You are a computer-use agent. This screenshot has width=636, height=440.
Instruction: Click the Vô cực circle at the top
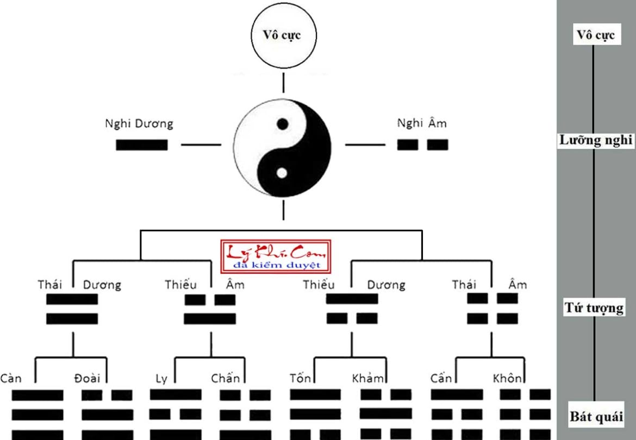[283, 36]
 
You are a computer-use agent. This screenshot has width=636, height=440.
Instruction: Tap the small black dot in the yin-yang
[282, 124]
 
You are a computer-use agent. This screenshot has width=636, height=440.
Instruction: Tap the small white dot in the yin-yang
[282, 173]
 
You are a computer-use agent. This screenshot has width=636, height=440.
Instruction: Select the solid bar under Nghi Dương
[141, 145]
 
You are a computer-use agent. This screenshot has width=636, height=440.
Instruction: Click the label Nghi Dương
[139, 124]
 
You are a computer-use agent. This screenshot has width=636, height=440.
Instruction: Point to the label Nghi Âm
[422, 123]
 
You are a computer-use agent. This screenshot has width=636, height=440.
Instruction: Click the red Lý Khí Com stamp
[277, 256]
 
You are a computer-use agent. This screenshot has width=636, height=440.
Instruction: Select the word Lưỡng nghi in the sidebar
[596, 141]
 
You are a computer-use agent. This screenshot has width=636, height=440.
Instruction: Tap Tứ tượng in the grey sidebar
[594, 308]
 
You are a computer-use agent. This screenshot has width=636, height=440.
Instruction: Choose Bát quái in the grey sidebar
[596, 417]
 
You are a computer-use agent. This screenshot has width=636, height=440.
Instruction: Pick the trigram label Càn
[11, 378]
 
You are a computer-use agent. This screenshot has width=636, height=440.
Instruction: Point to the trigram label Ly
[161, 379]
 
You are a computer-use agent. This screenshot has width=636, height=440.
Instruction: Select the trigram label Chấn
[225, 379]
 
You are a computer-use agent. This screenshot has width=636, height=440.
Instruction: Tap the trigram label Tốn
[300, 378]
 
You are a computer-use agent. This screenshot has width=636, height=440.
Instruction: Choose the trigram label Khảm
[367, 378]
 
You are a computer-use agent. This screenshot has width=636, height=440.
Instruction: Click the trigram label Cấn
[441, 378]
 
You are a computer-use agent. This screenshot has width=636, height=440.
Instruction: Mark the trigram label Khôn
[507, 378]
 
